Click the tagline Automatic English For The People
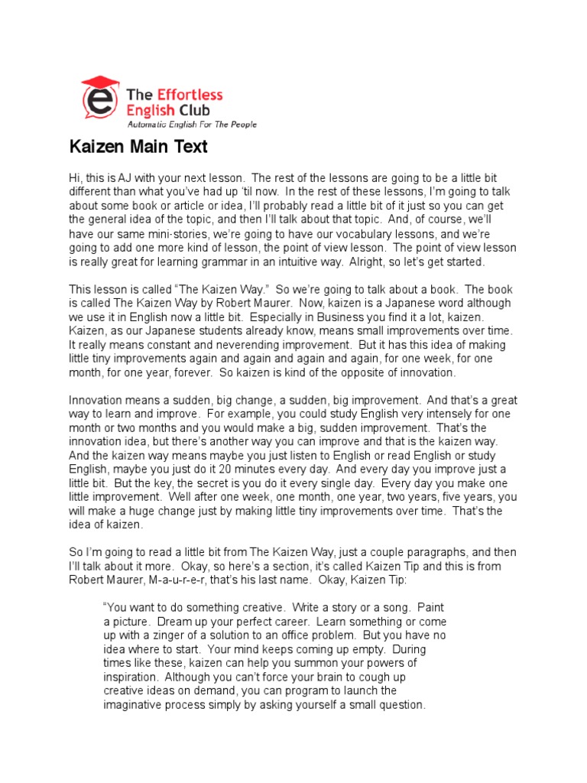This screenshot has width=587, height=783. (x=191, y=125)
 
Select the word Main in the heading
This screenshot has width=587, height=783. (x=148, y=146)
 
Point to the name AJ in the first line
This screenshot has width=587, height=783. (x=127, y=178)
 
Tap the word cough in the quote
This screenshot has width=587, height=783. (x=367, y=677)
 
